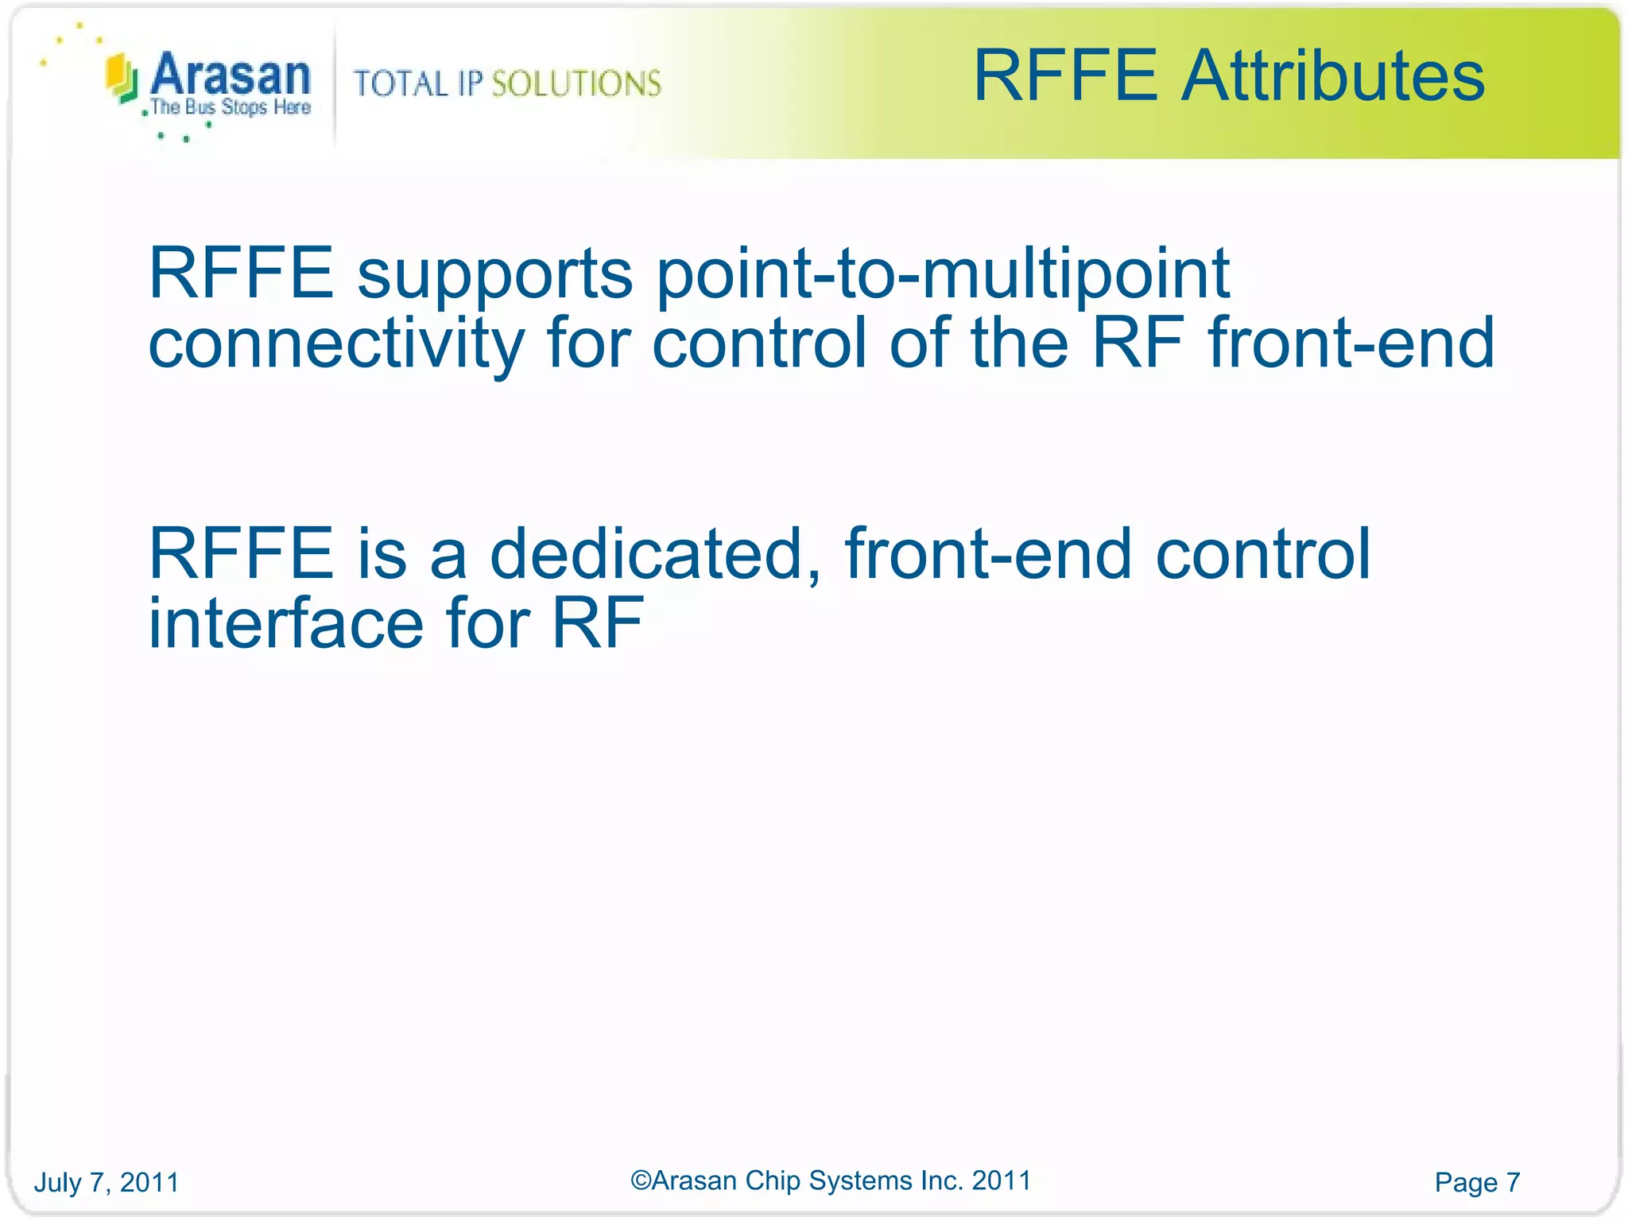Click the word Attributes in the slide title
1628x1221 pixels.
[1333, 76]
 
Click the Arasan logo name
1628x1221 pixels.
[230, 76]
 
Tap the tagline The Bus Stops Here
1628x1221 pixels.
[231, 107]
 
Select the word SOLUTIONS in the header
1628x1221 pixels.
[576, 83]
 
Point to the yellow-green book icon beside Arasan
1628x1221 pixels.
[122, 78]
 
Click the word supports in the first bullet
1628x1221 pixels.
[494, 274]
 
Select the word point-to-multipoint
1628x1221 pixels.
[943, 274]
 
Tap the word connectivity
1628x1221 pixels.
[336, 343]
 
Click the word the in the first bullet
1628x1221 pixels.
[1019, 343]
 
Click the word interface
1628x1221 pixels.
[286, 623]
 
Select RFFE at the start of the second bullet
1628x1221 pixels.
[241, 554]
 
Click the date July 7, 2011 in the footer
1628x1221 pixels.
[107, 1182]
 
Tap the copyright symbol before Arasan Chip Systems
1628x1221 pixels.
[641, 1180]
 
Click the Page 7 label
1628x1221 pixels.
[1477, 1182]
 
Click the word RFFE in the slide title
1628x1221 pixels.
[1065, 76]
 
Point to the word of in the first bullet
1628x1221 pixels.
[919, 343]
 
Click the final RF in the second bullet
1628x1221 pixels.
[597, 623]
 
